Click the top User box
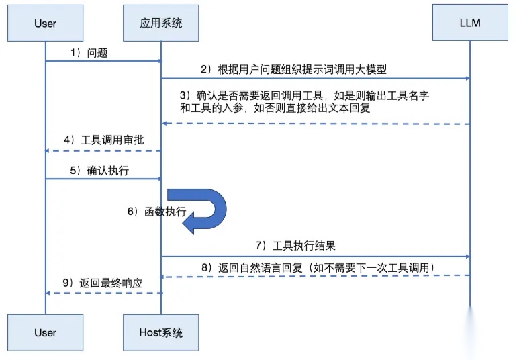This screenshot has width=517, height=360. point(45,24)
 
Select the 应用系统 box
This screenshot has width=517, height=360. point(161,24)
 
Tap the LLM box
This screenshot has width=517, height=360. point(469,24)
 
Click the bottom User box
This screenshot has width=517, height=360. point(45,332)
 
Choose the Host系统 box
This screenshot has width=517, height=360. point(161,332)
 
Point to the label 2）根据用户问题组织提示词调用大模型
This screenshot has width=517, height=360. point(293,69)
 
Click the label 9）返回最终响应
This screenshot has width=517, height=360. point(103,283)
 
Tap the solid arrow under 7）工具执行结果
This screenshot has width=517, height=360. point(316,257)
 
